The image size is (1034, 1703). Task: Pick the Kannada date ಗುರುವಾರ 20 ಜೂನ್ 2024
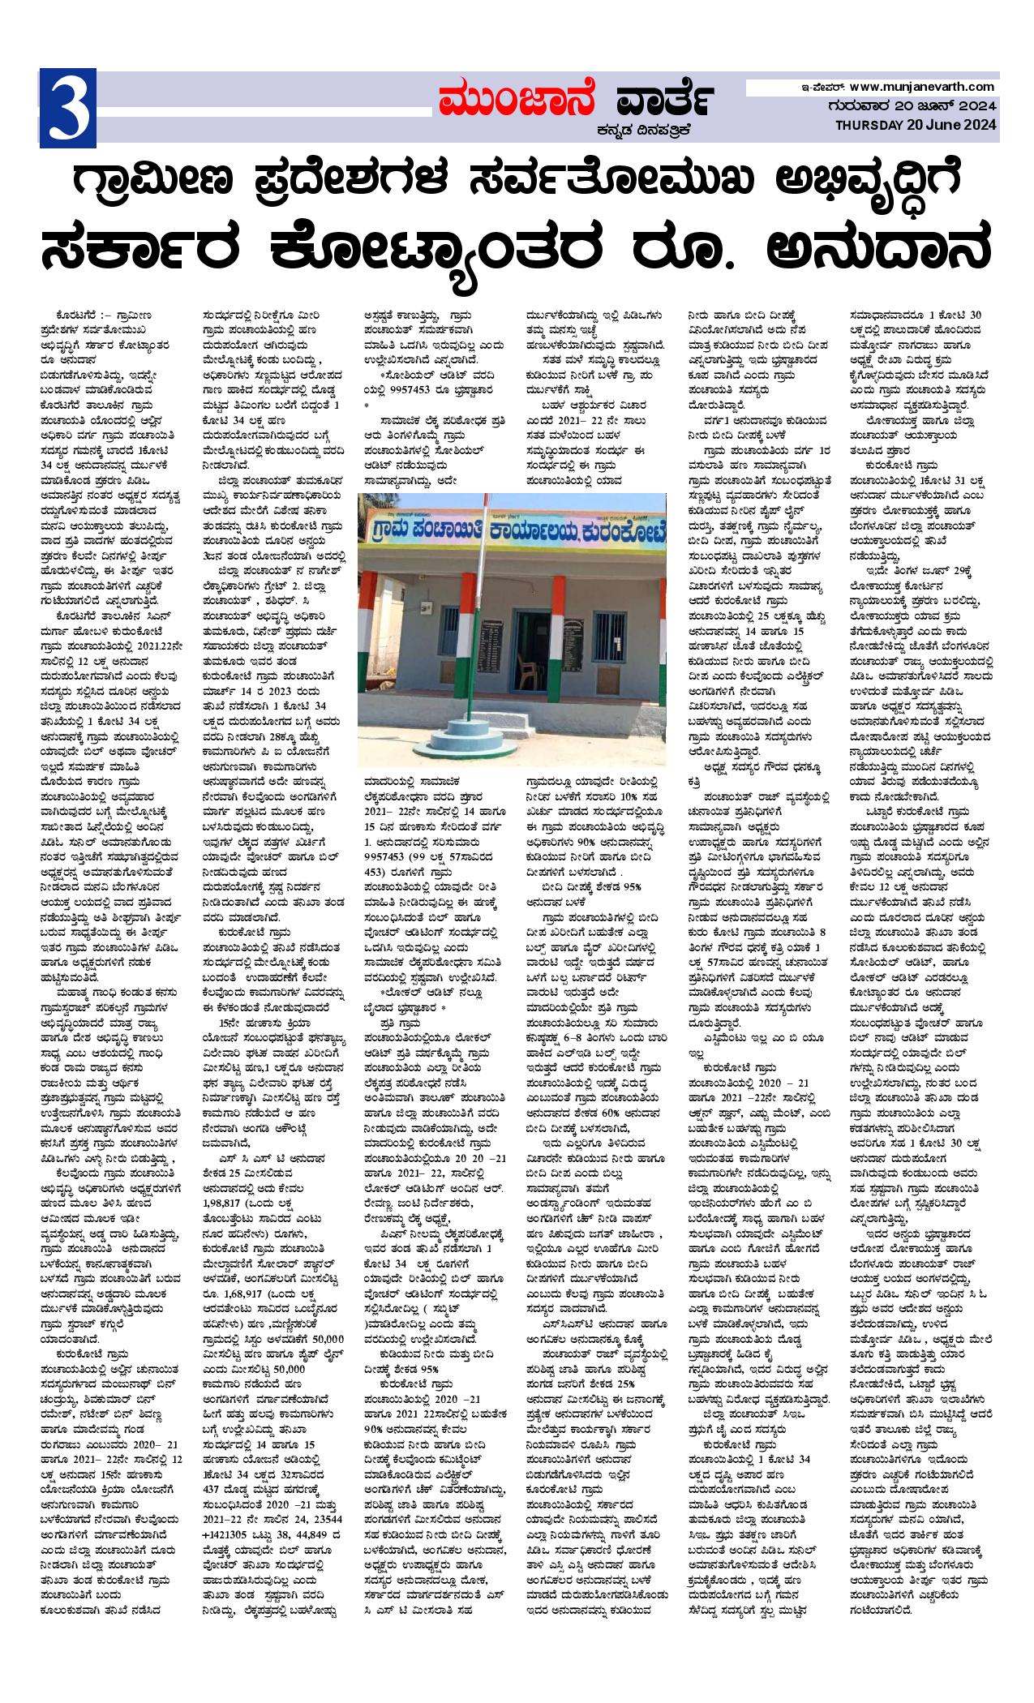(917, 105)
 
